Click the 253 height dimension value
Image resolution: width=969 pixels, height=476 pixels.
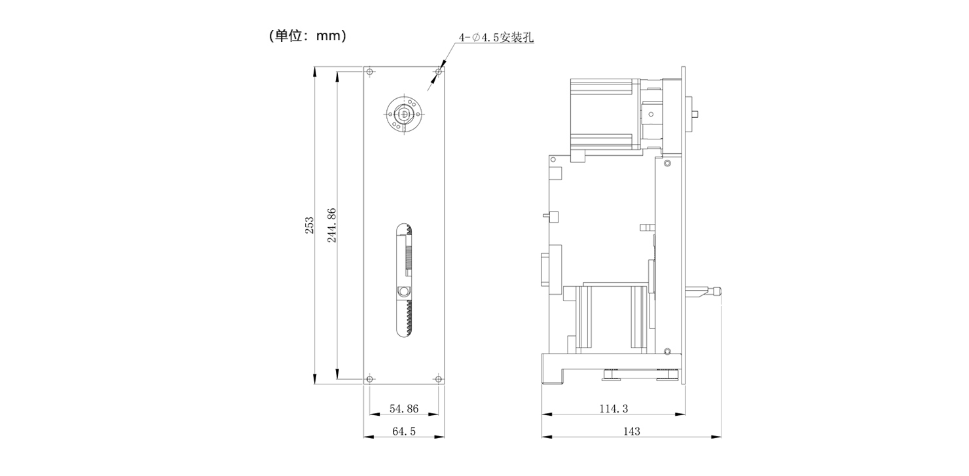pos(309,225)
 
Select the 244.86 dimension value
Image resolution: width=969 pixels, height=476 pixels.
pos(331,225)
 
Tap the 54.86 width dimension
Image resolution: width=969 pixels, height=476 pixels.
pos(404,409)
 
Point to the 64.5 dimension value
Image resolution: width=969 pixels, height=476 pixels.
pos(404,431)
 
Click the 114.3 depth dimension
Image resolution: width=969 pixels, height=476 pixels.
pos(613,409)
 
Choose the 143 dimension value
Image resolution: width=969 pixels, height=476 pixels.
pos(632,431)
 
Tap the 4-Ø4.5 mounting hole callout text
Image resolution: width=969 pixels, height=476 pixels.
pos(496,37)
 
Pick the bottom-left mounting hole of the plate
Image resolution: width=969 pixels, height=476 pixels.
pos(369,379)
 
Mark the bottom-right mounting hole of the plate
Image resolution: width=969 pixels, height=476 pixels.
pos(438,379)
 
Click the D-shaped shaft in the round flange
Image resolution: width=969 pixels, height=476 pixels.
pos(404,114)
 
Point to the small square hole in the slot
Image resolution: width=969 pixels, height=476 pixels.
pos(100,291)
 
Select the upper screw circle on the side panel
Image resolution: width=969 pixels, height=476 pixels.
pos(667,163)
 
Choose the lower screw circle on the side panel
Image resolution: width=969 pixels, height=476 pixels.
pos(667,351)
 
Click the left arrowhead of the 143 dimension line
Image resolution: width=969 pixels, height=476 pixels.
pos(547,436)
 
